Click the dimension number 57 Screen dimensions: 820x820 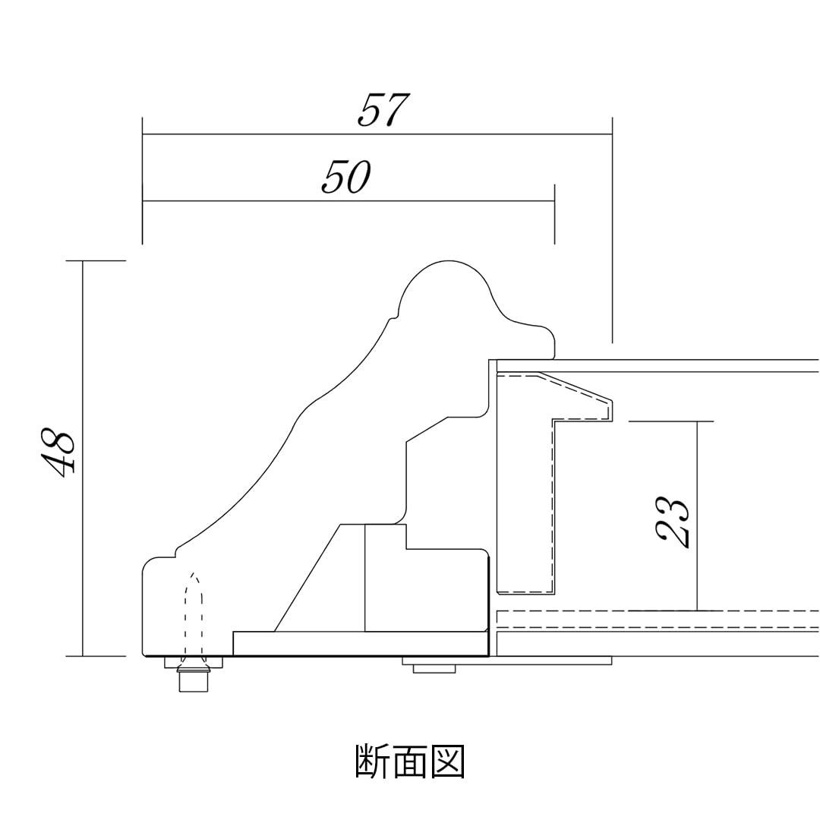[383, 110]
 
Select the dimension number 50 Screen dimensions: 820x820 [345, 177]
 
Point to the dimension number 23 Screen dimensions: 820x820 [672, 522]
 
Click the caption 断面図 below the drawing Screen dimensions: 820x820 [410, 762]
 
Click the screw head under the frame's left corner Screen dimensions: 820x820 [194, 676]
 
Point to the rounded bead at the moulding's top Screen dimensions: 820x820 [446, 289]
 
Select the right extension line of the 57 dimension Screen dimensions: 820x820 [612, 228]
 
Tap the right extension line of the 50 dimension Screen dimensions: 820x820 [554, 214]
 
